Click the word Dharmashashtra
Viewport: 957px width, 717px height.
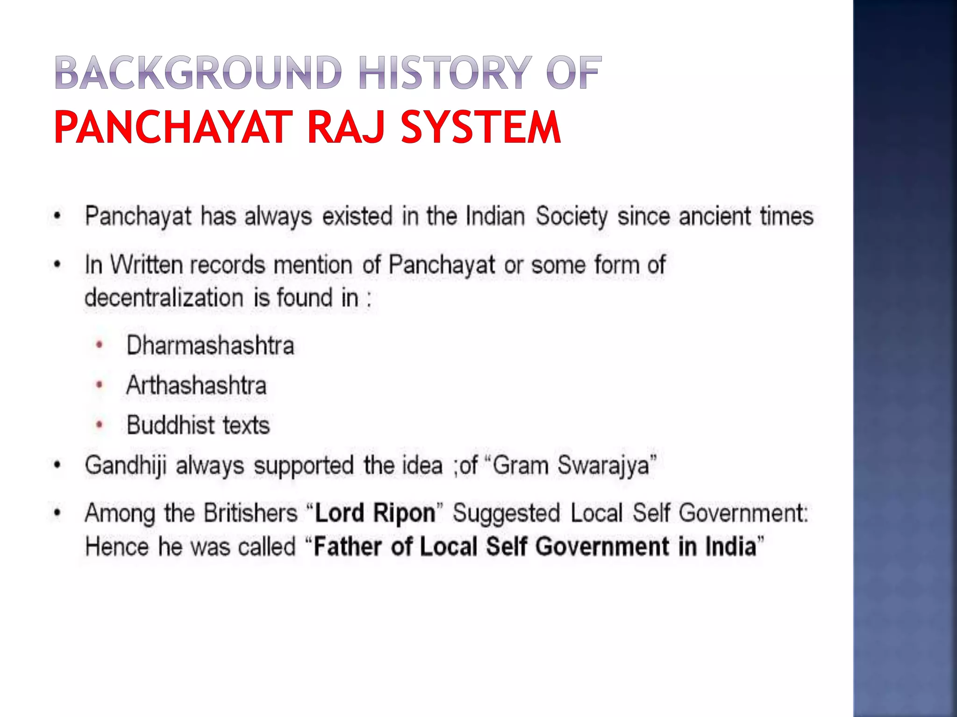click(x=210, y=346)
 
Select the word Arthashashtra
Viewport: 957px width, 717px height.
click(x=196, y=386)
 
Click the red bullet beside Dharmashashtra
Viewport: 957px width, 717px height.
click(x=99, y=346)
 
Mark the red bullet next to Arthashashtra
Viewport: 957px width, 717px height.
click(x=99, y=386)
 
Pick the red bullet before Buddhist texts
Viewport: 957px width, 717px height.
click(x=99, y=425)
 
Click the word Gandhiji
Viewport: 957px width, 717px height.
click(x=125, y=466)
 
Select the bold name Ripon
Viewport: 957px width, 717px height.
click(x=404, y=513)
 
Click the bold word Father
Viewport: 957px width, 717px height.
click(x=347, y=547)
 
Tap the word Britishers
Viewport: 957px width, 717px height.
click(x=250, y=513)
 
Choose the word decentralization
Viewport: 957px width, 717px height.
click(x=164, y=298)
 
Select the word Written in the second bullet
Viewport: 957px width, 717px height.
click(x=146, y=265)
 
